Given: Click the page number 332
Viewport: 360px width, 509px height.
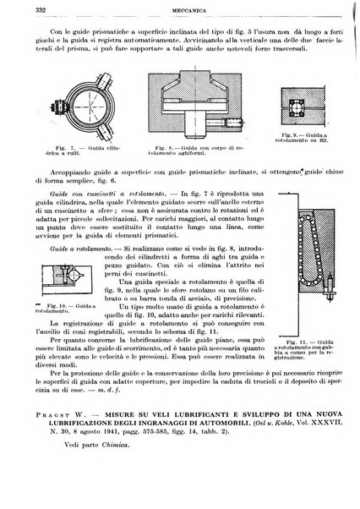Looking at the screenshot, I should tap(17, 11).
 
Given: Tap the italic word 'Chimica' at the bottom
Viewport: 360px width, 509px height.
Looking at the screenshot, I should tap(94, 474).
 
